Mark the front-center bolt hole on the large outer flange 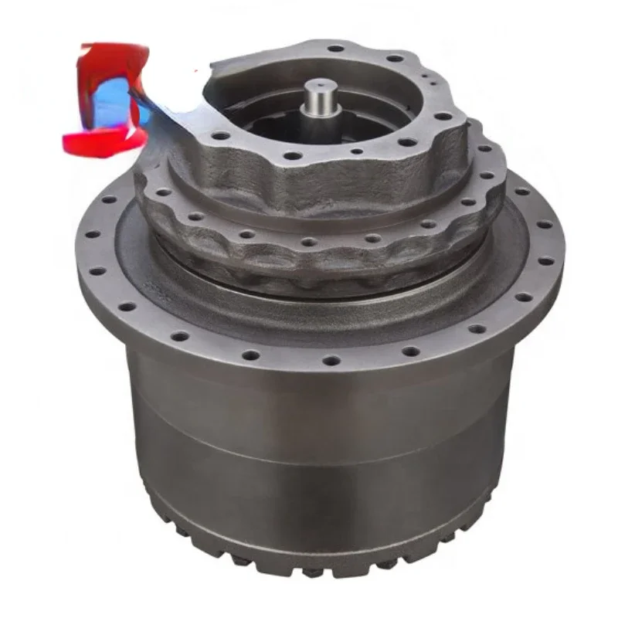coord(331,360)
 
